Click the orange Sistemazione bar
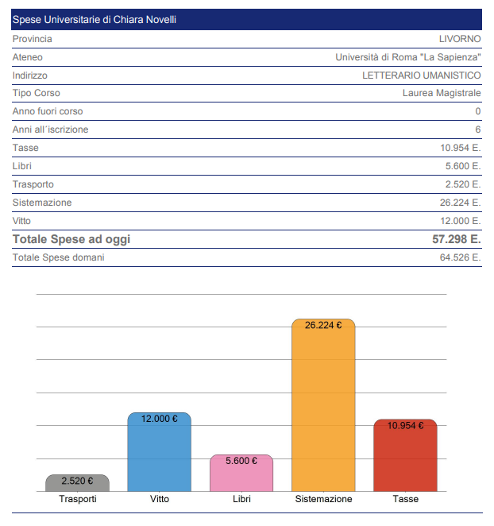click(323, 409)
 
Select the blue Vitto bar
click(159, 457)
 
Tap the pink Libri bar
click(241, 477)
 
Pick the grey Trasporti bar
click(77, 485)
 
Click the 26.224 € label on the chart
click(323, 324)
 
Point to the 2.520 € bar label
click(77, 481)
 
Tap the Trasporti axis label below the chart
click(78, 499)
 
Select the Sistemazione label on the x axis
click(323, 499)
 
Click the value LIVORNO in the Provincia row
click(460, 39)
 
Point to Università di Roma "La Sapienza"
click(408, 57)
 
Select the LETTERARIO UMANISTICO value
click(421, 75)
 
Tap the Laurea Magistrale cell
click(442, 94)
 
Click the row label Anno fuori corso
click(48, 112)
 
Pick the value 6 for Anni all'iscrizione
click(478, 130)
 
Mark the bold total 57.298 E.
click(451, 239)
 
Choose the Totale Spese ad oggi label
click(71, 239)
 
